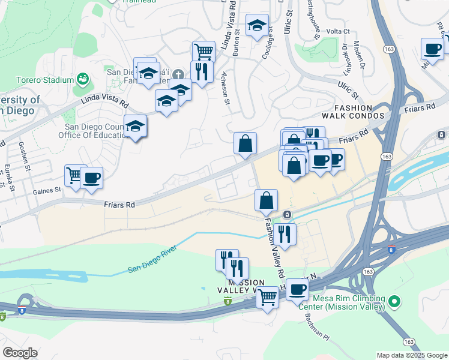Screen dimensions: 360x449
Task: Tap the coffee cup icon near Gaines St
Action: [92, 178]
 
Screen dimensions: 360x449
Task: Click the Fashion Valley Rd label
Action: [272, 246]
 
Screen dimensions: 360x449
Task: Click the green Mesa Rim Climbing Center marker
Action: [394, 300]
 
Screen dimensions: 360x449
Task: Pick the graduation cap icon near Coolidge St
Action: [258, 26]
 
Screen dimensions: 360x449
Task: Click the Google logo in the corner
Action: [20, 353]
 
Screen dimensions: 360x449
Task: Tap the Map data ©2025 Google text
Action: [412, 355]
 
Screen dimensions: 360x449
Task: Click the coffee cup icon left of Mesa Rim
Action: [297, 290]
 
